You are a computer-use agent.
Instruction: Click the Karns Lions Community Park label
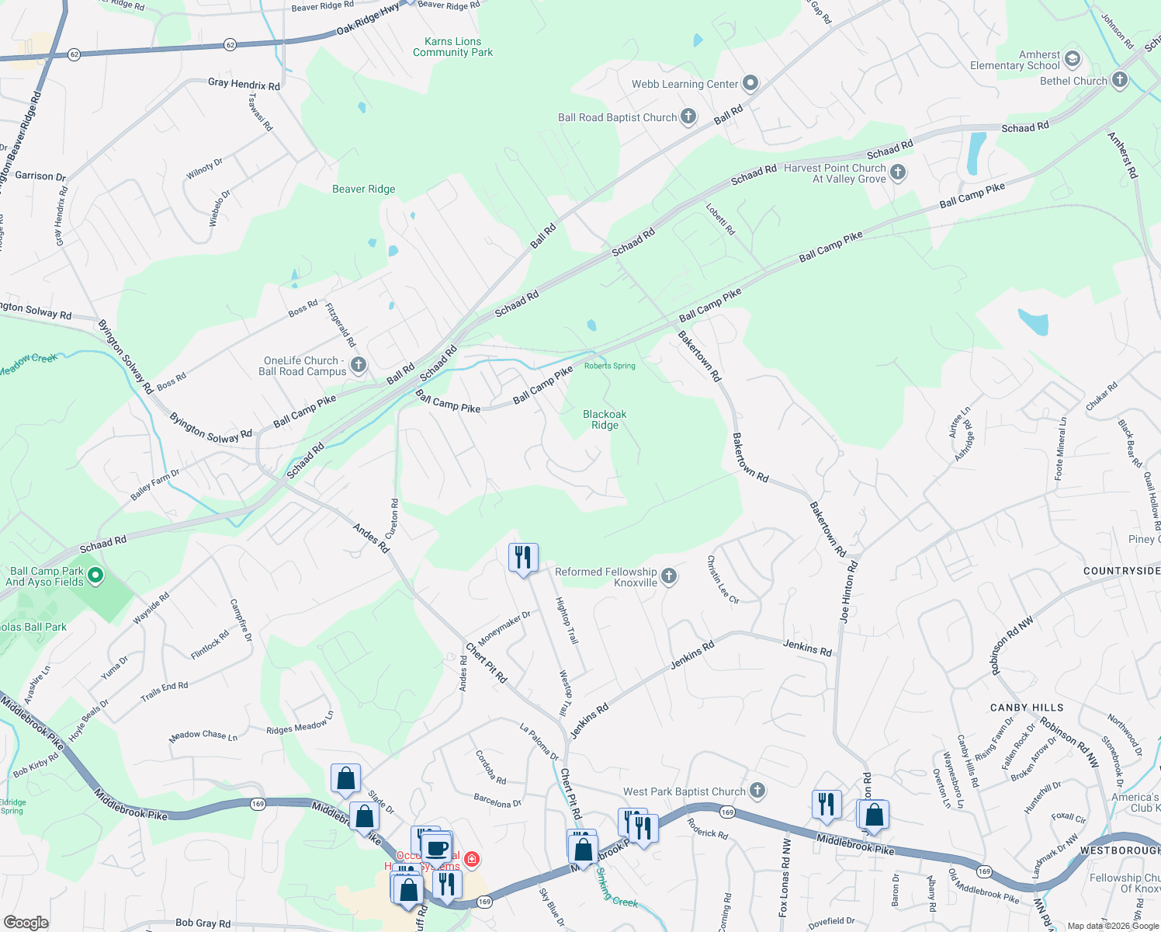(x=452, y=47)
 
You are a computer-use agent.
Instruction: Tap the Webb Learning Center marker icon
(x=750, y=83)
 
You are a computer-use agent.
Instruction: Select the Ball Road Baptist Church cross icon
(x=688, y=117)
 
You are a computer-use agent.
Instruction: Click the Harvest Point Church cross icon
(x=898, y=172)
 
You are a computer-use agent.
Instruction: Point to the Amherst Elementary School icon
(x=1073, y=59)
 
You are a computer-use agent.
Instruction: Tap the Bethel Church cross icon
(x=1119, y=80)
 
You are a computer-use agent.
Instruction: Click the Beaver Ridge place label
(x=363, y=189)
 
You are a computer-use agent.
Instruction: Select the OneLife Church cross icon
(x=359, y=364)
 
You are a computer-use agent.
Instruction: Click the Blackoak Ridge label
(x=605, y=419)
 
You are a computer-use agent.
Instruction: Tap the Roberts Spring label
(x=609, y=366)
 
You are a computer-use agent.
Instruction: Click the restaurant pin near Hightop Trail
(x=523, y=558)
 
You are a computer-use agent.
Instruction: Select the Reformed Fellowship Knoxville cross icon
(x=669, y=576)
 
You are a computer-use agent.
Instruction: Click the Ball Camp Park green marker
(x=95, y=576)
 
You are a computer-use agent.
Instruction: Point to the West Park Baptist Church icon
(x=757, y=791)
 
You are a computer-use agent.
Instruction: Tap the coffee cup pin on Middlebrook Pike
(x=438, y=847)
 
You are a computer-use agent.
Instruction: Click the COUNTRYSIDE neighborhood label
(x=1121, y=571)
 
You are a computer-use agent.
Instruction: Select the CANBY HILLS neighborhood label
(x=1026, y=708)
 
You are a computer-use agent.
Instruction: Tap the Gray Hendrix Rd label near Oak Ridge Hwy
(x=244, y=84)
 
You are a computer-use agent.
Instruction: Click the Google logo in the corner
(x=26, y=923)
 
